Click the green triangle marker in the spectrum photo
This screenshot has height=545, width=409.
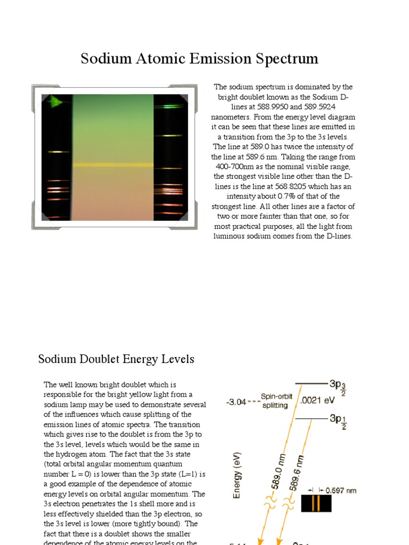tap(55, 102)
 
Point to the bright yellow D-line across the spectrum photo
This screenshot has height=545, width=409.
tap(113, 164)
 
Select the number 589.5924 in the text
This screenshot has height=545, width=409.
tap(318, 107)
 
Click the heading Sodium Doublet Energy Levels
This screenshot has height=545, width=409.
tap(116, 359)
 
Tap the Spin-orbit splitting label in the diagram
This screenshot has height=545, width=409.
tap(276, 401)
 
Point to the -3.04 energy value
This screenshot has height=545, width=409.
tap(236, 402)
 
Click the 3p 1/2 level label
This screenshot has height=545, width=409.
tap(338, 420)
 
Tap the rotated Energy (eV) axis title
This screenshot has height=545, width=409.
tap(238, 475)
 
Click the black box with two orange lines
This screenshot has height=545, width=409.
tap(316, 503)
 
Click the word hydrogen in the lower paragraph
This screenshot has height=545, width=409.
tap(68, 455)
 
